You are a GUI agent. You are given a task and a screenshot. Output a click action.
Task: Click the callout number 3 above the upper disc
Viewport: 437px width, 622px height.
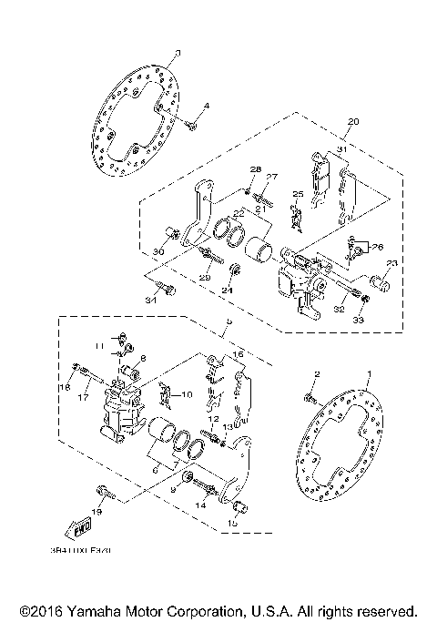[x=178, y=54]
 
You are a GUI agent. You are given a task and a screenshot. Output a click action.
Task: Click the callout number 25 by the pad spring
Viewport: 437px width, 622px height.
[x=296, y=195]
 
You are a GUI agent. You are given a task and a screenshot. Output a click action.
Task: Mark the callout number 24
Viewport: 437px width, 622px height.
[x=229, y=291]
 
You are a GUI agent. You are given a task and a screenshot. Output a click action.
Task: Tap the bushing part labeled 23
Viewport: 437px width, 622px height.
[x=383, y=282]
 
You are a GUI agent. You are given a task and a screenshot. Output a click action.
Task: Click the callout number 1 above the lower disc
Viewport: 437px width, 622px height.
[x=370, y=374]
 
